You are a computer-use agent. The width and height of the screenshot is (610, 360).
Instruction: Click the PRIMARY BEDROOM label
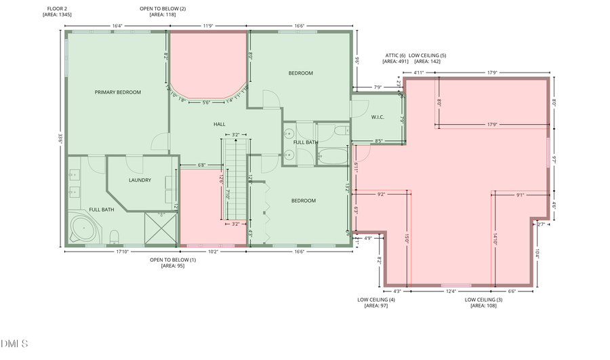(118, 92)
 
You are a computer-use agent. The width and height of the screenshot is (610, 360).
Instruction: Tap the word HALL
(220, 124)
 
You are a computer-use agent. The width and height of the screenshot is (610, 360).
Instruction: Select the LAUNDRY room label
(140, 180)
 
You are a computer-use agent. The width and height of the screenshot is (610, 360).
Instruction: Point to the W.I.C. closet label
(378, 117)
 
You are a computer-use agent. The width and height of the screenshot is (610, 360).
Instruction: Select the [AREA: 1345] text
(57, 14)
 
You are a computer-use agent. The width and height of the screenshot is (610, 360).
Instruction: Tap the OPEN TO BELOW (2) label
(163, 7)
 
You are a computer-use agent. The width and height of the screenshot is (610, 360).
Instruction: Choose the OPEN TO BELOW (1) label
(173, 260)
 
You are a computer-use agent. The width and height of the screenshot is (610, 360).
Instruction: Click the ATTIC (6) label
(394, 55)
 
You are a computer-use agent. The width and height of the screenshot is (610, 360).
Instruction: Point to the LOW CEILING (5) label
(428, 55)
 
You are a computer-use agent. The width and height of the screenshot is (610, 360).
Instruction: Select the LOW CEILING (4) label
(375, 299)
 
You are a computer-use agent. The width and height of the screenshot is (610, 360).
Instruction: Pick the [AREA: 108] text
(483, 306)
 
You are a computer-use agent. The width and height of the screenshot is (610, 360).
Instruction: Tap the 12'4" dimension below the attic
(451, 291)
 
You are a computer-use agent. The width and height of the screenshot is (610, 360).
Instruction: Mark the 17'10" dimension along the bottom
(122, 252)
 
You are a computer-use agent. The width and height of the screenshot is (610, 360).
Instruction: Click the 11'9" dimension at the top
(207, 26)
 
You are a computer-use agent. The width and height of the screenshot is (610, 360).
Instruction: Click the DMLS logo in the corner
(14, 344)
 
